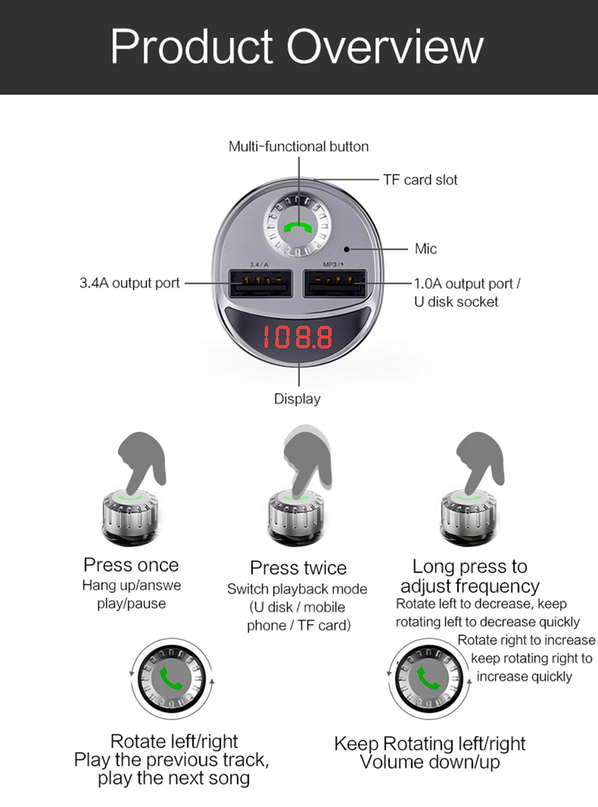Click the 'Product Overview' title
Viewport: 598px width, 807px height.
[x=297, y=47]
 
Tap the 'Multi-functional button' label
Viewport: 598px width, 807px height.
[x=298, y=147]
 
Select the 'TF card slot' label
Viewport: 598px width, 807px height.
[x=420, y=180]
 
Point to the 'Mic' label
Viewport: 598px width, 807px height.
[x=425, y=249]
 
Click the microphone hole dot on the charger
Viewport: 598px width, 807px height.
[x=346, y=249]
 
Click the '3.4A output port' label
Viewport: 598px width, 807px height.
[x=130, y=283]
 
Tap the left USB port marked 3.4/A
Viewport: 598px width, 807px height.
[x=260, y=283]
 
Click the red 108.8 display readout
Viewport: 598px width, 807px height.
[x=298, y=337]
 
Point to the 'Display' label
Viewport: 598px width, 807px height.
[x=297, y=399]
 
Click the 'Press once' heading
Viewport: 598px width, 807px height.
[x=131, y=565]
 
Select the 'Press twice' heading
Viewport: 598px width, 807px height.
[x=298, y=568]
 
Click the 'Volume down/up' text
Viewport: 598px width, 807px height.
[x=430, y=762]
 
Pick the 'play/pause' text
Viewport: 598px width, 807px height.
[x=131, y=604]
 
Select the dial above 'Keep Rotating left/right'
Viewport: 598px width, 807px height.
[x=429, y=679]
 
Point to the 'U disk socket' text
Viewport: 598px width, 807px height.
[x=456, y=302]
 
